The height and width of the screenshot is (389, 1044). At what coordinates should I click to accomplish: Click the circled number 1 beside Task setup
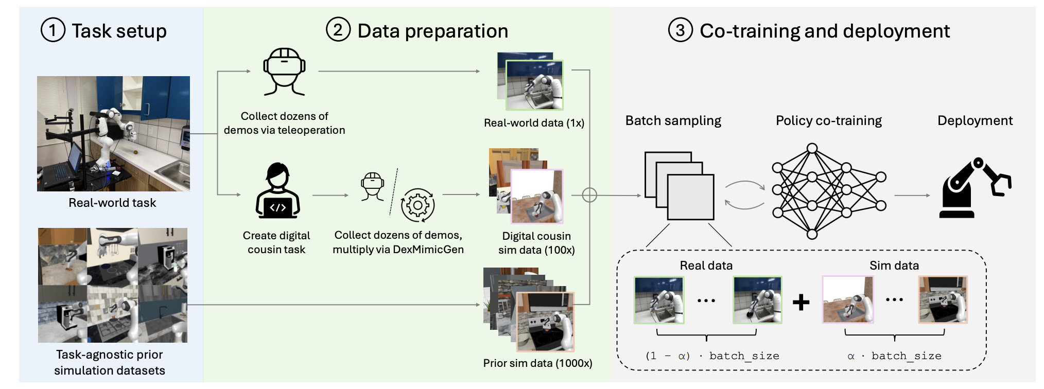coord(53,30)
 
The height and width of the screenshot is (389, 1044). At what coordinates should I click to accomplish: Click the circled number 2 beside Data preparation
coord(338,30)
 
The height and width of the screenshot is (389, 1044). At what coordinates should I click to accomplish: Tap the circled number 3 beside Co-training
coord(681,30)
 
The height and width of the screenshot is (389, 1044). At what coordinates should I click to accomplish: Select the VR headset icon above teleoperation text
coord(284,72)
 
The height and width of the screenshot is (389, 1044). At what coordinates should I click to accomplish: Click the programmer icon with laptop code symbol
coord(278,191)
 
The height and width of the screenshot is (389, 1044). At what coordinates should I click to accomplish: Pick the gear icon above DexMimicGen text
coord(418,205)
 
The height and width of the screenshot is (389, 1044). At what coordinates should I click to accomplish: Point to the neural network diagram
coord(829,191)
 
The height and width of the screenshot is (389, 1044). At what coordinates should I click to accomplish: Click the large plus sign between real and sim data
coord(801,302)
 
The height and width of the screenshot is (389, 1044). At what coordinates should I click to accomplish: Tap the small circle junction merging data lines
coord(589,195)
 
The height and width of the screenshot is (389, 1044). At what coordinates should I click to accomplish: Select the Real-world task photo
coord(113,134)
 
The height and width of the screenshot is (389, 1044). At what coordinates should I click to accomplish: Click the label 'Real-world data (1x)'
coord(534,123)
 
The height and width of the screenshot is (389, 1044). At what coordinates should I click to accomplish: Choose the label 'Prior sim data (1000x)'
coord(537,363)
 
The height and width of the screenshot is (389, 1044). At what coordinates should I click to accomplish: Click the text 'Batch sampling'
coord(673,121)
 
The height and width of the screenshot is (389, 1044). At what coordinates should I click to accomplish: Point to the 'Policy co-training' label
coord(829,121)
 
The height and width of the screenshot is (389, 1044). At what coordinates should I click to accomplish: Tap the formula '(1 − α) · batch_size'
coord(712,356)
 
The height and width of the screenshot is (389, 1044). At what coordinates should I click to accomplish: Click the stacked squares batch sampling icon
coord(680,186)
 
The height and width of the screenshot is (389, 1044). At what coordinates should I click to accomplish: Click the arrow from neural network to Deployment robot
coord(912,196)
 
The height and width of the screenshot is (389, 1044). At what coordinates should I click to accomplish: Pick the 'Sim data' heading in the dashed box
coord(894,266)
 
